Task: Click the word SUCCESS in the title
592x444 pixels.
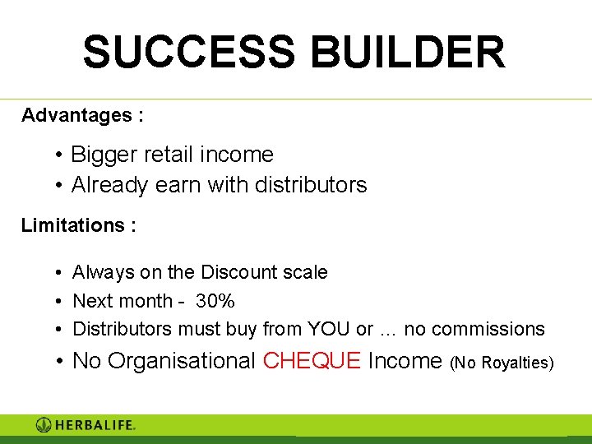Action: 187,52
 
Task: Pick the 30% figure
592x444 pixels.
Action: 215,301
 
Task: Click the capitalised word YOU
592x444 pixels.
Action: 328,329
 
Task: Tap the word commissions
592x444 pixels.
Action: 488,329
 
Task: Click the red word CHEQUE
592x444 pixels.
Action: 312,361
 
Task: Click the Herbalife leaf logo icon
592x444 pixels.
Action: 44,425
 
